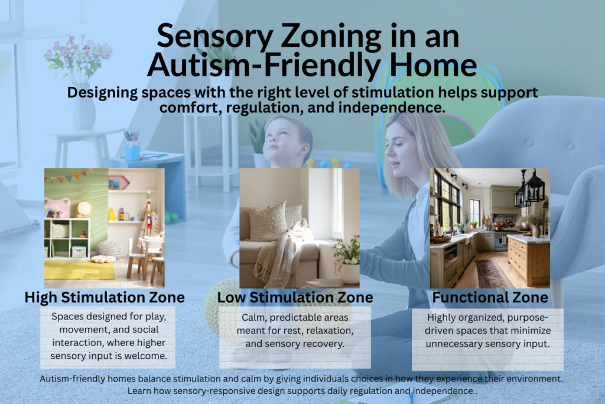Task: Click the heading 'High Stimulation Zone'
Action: tap(105, 297)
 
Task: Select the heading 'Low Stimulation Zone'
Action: tap(295, 297)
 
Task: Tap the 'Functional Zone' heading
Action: tap(490, 297)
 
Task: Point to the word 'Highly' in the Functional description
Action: tap(443, 316)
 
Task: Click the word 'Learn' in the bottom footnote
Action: tap(139, 392)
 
